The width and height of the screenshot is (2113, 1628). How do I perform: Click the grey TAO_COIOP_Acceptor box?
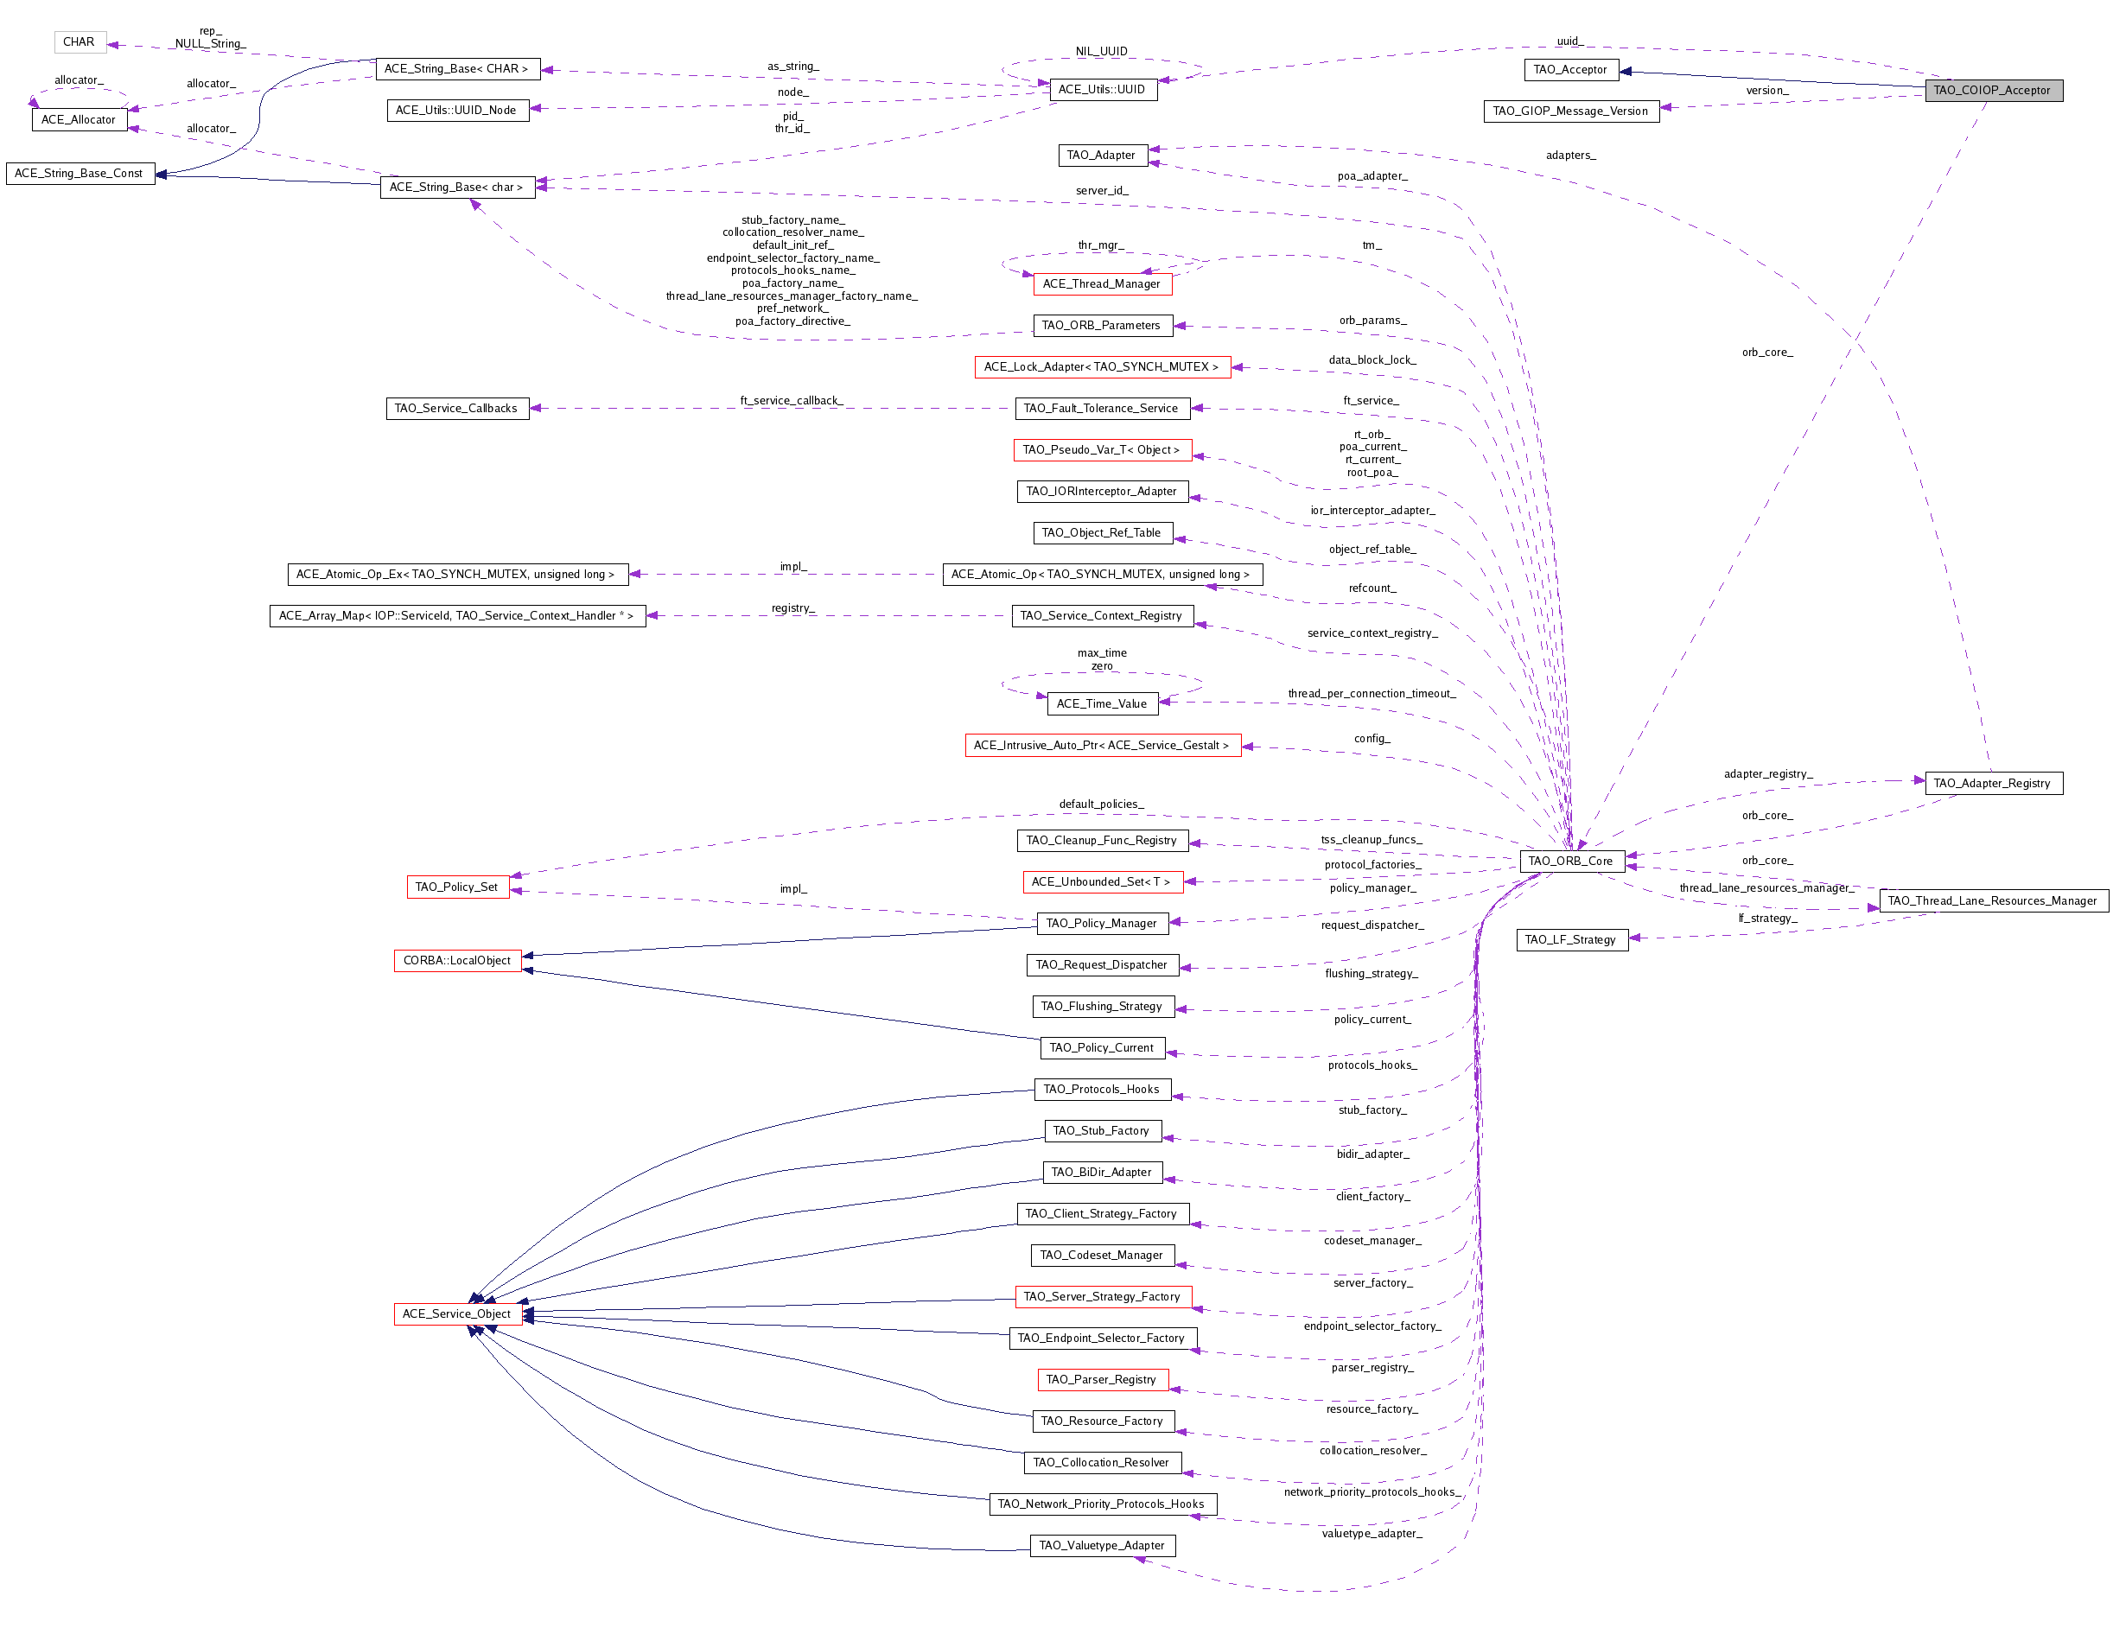1992,90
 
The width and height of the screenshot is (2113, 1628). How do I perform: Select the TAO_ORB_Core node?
1570,860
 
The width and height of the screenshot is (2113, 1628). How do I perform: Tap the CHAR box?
79,41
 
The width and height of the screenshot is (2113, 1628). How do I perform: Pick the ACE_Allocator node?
79,119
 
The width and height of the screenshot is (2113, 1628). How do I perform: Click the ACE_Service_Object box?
456,1313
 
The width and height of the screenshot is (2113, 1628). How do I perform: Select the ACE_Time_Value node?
1101,703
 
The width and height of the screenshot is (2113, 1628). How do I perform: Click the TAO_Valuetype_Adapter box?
1101,1545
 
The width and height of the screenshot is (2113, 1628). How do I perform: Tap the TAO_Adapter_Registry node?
1992,783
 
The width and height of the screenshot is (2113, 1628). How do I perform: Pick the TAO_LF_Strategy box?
1570,939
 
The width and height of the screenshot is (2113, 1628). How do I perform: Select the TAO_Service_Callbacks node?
455,407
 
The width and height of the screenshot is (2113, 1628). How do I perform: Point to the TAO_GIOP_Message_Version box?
1570,111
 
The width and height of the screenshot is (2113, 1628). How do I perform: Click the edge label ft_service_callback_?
792,399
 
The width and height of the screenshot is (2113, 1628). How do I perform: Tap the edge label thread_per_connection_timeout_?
1371,693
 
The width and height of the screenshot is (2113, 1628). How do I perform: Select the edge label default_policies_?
1101,803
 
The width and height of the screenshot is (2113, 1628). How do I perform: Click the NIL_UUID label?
1101,51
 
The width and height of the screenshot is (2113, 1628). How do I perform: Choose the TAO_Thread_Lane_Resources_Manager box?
1992,900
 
